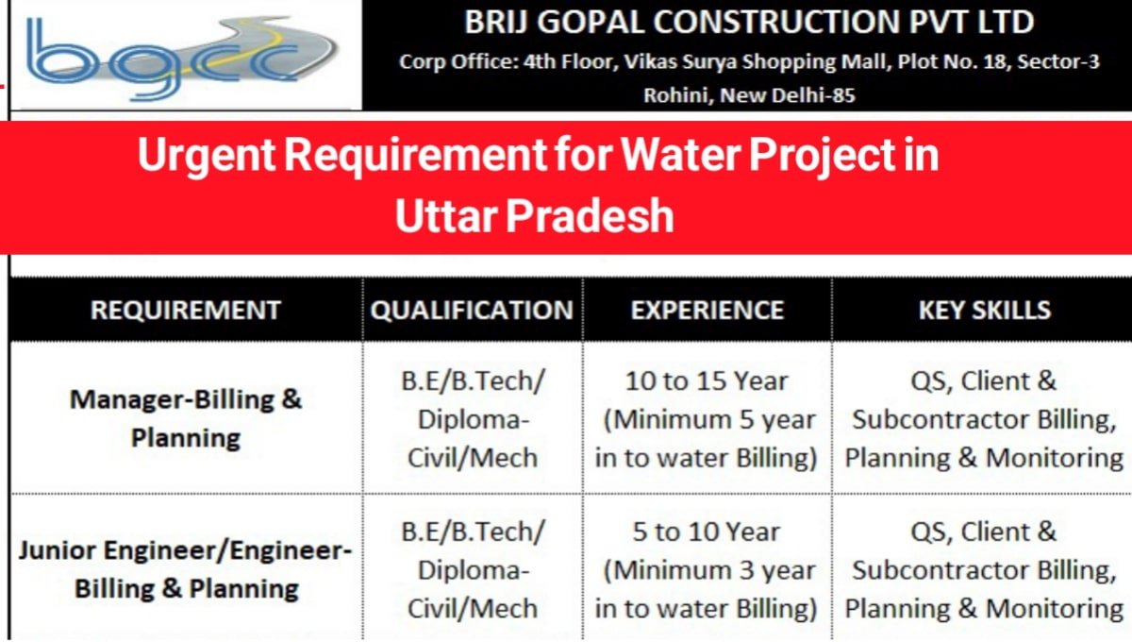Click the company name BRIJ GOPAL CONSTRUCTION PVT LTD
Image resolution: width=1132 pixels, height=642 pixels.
[749, 23]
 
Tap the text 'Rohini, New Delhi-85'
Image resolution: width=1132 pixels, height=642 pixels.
[749, 95]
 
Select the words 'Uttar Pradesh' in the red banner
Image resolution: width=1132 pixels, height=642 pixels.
[534, 216]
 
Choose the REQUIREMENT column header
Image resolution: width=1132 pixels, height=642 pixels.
[186, 310]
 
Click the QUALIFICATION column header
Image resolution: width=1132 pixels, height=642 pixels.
[472, 310]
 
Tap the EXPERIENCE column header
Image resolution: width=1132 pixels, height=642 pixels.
[707, 310]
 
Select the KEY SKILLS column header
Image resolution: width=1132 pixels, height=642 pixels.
[984, 310]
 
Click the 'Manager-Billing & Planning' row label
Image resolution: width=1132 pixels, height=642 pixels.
[186, 418]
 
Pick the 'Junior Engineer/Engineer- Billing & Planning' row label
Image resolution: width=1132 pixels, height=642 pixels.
[186, 569]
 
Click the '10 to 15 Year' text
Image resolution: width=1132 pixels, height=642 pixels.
[707, 381]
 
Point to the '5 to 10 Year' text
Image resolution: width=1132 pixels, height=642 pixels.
[707, 532]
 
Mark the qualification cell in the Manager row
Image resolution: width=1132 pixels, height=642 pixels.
[473, 419]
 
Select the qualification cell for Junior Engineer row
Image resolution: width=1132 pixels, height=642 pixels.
[473, 570]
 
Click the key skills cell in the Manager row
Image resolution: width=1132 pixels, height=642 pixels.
[984, 419]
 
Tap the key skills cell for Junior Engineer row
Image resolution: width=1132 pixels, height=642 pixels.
[984, 570]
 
